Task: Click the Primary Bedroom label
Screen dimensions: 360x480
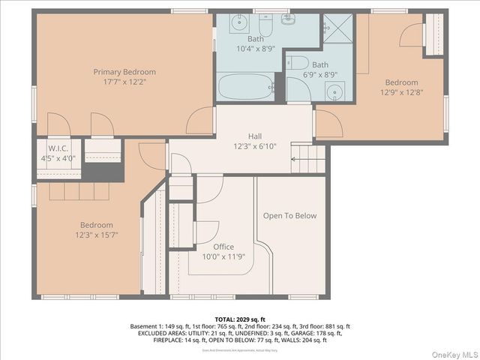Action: [124, 72]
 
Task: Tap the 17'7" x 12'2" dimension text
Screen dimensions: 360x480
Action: [124, 82]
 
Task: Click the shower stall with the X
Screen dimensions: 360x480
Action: [338, 28]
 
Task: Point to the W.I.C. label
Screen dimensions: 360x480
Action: [58, 148]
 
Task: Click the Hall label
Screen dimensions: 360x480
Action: [255, 136]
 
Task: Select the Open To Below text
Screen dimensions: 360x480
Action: [289, 216]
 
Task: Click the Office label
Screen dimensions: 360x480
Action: [223, 247]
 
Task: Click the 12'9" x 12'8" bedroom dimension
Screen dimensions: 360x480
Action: [401, 92]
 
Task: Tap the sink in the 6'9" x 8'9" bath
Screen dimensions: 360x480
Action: [335, 91]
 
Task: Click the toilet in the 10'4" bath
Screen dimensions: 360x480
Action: [288, 19]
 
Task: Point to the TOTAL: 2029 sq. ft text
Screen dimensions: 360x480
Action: [240, 319]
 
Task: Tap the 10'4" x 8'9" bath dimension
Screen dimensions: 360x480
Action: [256, 48]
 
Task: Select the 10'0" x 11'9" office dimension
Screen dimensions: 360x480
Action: [223, 256]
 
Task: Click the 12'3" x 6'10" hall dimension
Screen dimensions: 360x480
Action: [255, 146]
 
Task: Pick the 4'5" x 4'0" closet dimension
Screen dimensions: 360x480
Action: [58, 157]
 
